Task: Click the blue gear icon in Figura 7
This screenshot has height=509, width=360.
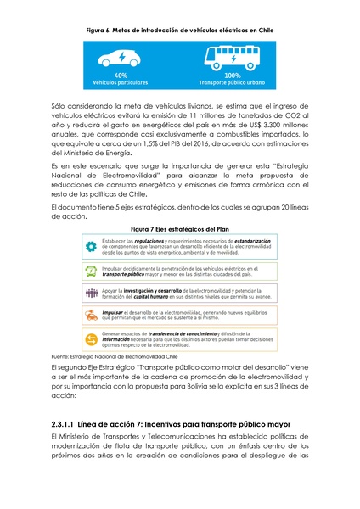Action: click(89, 247)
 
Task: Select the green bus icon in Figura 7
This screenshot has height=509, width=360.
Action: click(89, 271)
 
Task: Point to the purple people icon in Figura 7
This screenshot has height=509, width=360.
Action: click(89, 294)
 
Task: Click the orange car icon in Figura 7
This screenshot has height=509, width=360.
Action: click(89, 316)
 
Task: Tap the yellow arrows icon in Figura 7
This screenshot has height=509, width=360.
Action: click(89, 338)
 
